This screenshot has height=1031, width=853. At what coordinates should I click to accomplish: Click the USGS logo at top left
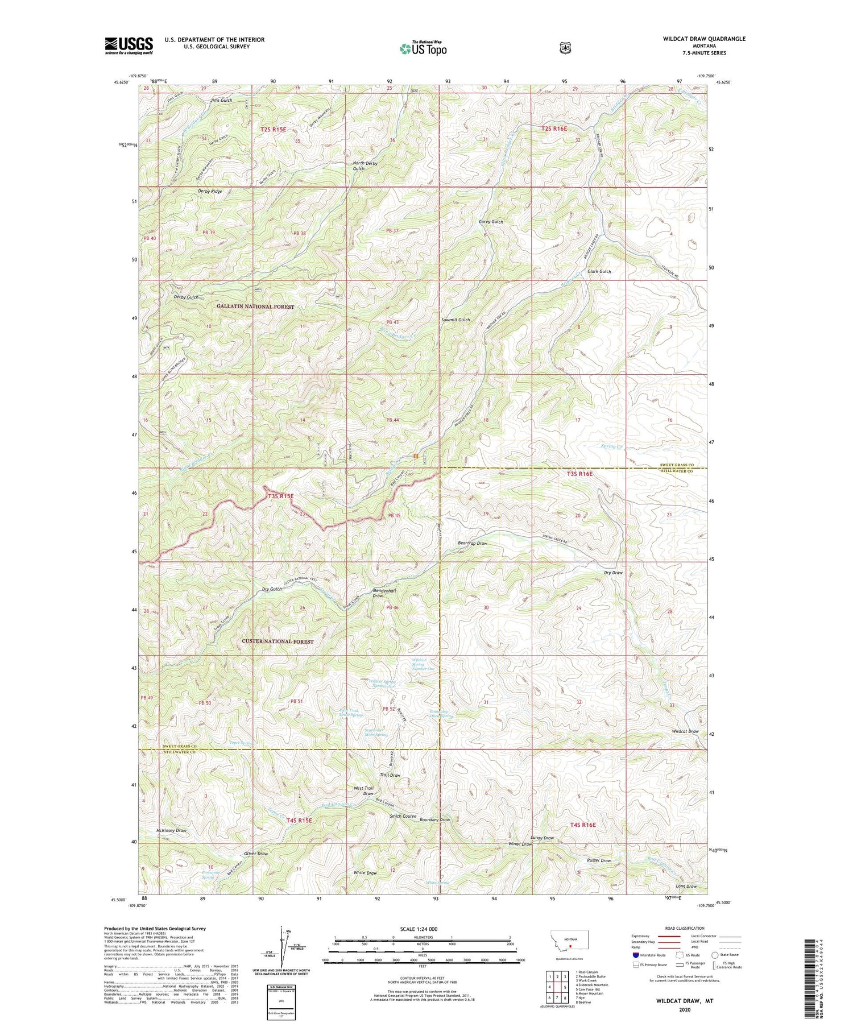[x=129, y=45]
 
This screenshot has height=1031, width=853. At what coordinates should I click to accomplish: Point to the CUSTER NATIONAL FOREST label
[x=278, y=641]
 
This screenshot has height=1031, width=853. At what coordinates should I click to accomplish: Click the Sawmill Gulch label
[x=456, y=320]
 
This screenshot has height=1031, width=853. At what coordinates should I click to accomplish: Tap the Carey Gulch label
[x=491, y=222]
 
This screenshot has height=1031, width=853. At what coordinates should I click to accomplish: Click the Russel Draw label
[x=599, y=860]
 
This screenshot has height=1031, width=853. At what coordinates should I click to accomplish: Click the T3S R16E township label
[x=579, y=474]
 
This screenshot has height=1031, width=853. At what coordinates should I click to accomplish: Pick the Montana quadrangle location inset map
[x=569, y=941]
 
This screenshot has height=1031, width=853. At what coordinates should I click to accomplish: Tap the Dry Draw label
[x=613, y=573]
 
